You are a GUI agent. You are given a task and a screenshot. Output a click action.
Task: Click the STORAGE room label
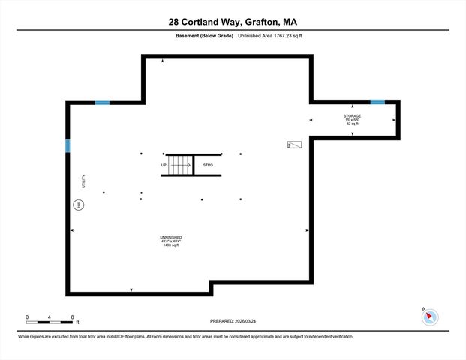(352, 116)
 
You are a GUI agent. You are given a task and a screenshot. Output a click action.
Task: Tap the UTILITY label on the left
(84, 181)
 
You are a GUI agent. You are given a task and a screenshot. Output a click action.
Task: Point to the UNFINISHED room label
(171, 237)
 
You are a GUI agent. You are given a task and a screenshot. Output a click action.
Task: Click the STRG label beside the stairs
(207, 164)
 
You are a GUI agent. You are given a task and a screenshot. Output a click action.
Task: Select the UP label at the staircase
(164, 164)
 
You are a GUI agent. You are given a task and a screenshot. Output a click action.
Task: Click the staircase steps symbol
(181, 164)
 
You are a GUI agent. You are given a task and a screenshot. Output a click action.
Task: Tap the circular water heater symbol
(77, 204)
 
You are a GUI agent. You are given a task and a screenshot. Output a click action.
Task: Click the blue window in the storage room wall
(377, 102)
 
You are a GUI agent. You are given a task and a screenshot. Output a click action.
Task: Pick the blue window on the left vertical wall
(68, 145)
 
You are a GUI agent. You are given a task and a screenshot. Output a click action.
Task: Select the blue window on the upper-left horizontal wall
(102, 102)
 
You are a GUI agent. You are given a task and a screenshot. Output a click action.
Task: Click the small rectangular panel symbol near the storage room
(293, 144)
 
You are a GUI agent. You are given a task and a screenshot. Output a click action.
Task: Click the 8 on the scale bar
(71, 317)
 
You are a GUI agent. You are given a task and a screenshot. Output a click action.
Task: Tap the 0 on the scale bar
(26, 317)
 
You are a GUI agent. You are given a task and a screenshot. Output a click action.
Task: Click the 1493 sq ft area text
(171, 245)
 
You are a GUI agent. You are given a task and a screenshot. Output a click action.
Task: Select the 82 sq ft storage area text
(352, 124)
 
